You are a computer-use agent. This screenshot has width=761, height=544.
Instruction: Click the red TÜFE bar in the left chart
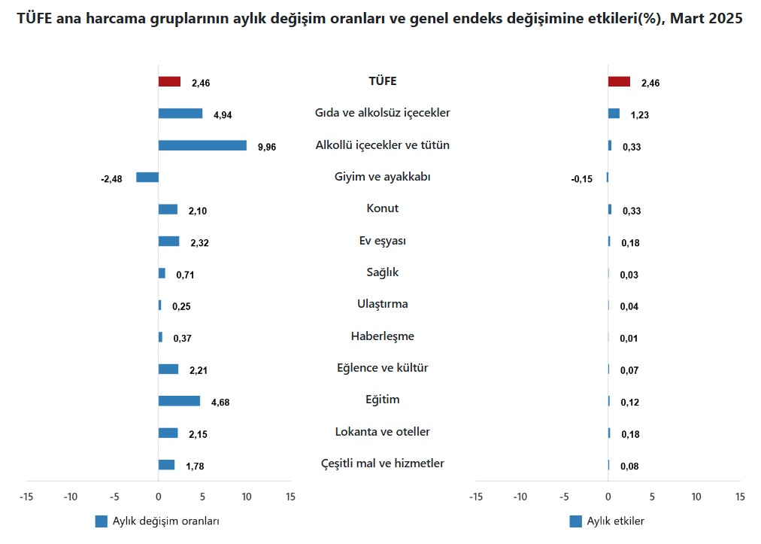click(169, 82)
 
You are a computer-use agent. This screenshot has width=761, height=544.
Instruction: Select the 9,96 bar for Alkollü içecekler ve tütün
click(202, 145)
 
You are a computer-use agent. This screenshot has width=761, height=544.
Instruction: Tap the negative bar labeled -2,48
click(147, 178)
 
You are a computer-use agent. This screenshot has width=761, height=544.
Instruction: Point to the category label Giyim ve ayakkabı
click(383, 177)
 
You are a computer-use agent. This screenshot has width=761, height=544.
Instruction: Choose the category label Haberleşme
click(383, 336)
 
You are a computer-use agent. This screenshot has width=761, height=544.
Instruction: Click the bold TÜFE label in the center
click(383, 81)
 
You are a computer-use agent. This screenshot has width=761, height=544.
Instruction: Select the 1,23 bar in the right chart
click(614, 114)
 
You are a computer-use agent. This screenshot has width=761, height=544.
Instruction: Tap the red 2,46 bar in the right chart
click(619, 82)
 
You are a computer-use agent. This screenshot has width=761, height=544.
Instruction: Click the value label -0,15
click(582, 179)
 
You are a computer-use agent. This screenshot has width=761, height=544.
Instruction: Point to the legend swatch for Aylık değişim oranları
click(102, 521)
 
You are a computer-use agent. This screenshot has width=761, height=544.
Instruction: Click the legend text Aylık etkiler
click(615, 521)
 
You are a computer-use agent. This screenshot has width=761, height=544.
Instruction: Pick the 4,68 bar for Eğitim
click(179, 401)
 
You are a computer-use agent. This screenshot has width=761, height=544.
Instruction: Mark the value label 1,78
click(195, 467)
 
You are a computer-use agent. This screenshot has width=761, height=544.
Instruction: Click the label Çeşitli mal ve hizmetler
click(383, 463)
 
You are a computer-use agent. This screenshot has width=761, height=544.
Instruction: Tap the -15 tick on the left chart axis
click(26, 497)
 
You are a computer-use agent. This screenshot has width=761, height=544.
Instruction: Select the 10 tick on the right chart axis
click(696, 497)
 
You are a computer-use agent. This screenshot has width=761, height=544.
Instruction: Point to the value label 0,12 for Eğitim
click(629, 403)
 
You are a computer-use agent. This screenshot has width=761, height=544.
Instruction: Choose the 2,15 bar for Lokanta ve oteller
click(168, 433)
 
